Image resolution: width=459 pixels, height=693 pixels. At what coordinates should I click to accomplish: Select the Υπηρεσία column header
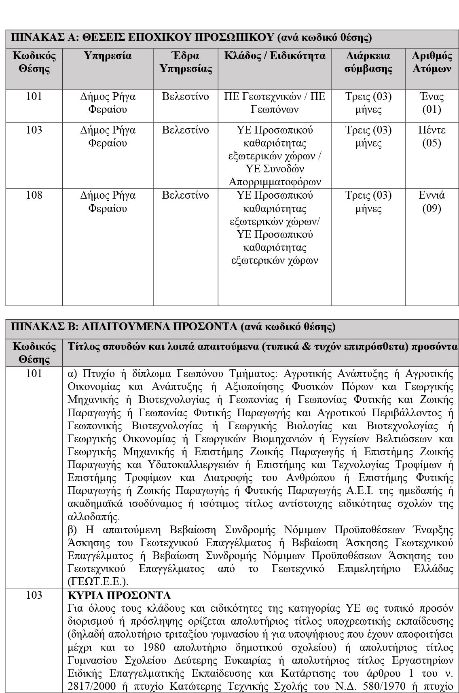click(108, 56)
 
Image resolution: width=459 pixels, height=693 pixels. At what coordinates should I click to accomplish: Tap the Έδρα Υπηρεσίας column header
click(186, 62)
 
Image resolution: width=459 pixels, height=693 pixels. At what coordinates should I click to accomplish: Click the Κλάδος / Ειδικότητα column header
click(275, 56)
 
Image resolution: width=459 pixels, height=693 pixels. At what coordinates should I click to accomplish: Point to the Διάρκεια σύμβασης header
click(368, 62)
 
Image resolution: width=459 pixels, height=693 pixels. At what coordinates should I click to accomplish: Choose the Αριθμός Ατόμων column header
click(432, 62)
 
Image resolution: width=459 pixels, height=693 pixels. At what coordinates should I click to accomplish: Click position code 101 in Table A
click(34, 97)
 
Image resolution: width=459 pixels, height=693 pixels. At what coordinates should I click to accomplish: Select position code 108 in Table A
click(34, 195)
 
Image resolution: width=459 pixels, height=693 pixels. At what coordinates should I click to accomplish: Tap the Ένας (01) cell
click(432, 103)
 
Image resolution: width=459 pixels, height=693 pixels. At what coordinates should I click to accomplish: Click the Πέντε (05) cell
click(432, 136)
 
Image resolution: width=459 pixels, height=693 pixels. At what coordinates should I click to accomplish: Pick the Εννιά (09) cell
click(432, 202)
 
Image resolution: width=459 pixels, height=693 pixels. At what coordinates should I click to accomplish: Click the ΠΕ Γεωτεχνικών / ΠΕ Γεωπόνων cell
click(275, 103)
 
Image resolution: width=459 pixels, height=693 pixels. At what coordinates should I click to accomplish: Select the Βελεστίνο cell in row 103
click(186, 130)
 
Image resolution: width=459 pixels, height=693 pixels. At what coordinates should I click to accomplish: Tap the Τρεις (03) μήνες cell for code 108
click(368, 202)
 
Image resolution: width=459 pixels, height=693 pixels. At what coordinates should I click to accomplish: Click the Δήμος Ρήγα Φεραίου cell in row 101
click(108, 103)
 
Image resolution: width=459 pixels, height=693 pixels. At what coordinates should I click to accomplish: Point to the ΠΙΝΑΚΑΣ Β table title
click(173, 326)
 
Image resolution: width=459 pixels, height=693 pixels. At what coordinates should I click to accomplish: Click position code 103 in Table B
click(34, 595)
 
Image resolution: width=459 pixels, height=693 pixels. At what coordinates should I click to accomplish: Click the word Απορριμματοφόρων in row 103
click(275, 182)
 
